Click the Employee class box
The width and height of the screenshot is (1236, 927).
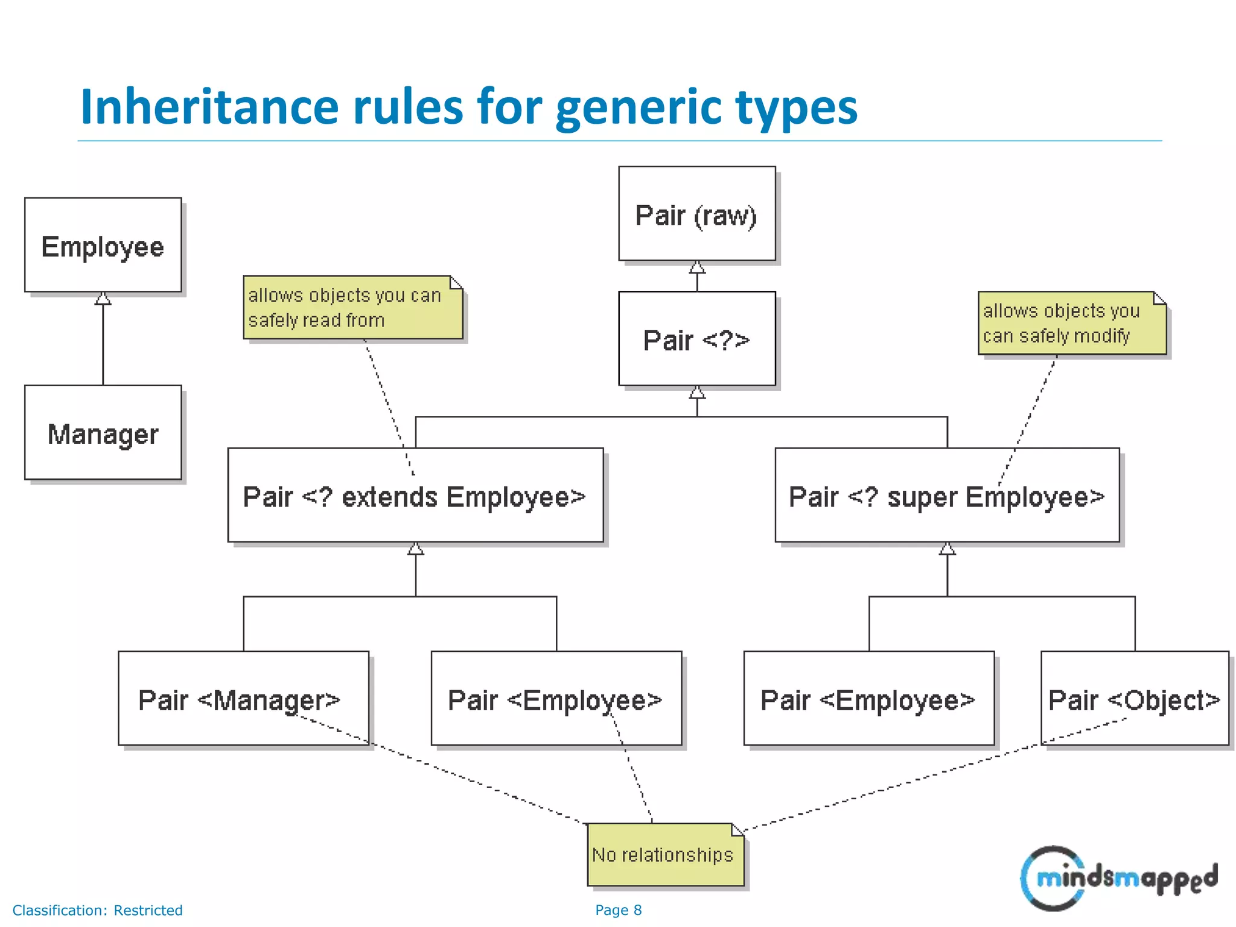point(103,245)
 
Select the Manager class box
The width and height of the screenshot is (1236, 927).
point(103,433)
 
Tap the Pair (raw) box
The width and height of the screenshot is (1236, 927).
point(696,214)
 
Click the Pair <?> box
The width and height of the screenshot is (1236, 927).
point(696,339)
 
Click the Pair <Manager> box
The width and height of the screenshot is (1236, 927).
point(243,698)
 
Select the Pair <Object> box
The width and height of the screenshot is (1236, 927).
point(1135,698)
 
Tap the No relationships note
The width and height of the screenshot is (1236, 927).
point(664,855)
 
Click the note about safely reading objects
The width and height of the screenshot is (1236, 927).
point(352,307)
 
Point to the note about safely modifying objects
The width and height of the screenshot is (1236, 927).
point(1072,323)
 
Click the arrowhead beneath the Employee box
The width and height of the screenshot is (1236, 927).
point(103,299)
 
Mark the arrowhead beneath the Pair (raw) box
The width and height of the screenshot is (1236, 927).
point(697,267)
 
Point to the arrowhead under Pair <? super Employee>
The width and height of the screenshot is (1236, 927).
point(947,549)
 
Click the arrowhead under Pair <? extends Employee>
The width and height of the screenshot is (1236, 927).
point(416,549)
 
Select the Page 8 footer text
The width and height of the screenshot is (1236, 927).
point(618,910)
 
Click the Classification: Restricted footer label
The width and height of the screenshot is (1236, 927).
point(98,910)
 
